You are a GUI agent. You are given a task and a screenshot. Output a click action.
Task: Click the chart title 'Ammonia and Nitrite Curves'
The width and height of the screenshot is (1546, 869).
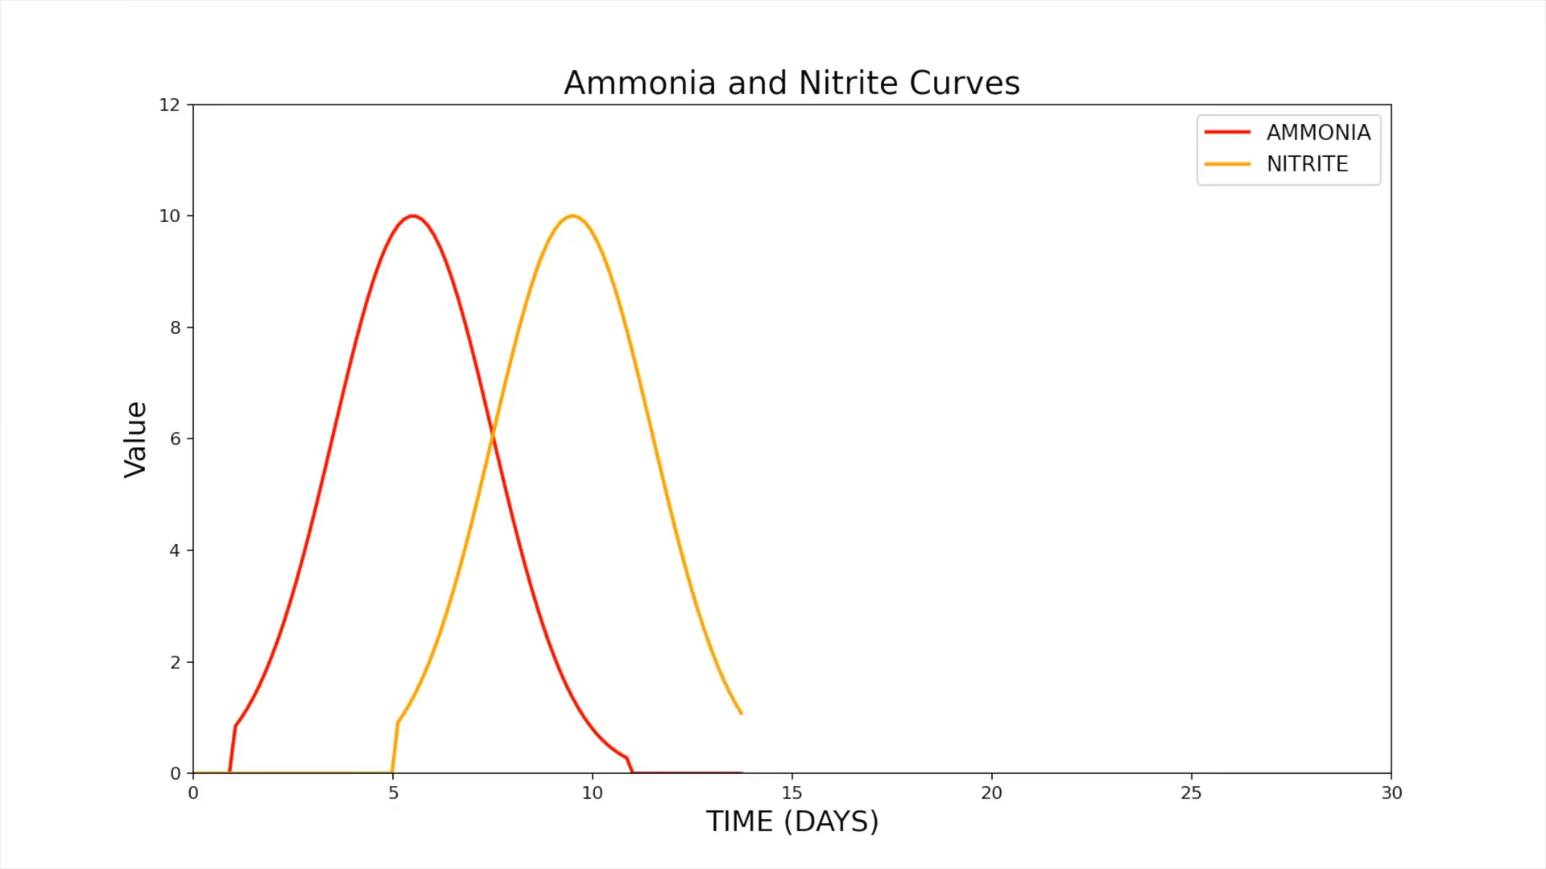[792, 83]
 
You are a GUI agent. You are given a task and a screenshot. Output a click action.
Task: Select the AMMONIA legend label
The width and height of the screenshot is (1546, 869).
[1318, 133]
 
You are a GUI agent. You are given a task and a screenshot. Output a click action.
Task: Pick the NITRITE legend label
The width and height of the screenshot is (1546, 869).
[1307, 164]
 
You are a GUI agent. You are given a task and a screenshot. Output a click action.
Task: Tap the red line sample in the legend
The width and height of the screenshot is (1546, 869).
[1227, 133]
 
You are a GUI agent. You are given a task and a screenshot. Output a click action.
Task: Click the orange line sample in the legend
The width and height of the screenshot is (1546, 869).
[1227, 164]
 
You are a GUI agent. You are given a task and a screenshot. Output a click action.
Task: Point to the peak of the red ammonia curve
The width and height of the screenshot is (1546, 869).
[413, 216]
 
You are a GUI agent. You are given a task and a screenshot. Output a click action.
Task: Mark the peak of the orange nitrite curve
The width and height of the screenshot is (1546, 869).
[573, 216]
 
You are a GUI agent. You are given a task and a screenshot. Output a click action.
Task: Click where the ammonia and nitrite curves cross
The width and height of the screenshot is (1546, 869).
[493, 434]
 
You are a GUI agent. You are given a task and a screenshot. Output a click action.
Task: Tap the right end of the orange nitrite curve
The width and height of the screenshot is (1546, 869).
[741, 713]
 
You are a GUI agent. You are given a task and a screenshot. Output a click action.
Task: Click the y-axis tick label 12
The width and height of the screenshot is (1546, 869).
[169, 105]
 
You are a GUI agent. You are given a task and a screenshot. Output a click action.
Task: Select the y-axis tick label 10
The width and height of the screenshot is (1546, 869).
[169, 216]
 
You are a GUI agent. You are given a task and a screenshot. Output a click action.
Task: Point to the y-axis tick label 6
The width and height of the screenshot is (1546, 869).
[175, 439]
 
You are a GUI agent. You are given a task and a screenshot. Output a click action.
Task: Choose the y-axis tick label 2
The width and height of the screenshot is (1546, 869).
[175, 663]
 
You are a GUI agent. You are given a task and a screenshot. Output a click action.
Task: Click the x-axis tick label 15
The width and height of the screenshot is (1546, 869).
[792, 793]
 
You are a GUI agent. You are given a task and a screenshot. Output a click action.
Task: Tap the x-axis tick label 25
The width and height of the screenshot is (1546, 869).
[1191, 793]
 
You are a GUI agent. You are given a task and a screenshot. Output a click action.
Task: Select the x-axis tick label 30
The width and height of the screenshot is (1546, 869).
[1391, 793]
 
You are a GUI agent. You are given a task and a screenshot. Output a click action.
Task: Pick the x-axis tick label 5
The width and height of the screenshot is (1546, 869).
[393, 793]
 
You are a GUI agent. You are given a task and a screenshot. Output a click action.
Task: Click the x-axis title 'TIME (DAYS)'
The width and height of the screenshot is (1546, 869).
[792, 822]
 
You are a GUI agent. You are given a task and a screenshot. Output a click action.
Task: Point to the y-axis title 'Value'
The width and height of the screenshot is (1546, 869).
[135, 439]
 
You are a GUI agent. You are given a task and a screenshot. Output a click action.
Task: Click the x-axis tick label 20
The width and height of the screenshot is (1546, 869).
[991, 793]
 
